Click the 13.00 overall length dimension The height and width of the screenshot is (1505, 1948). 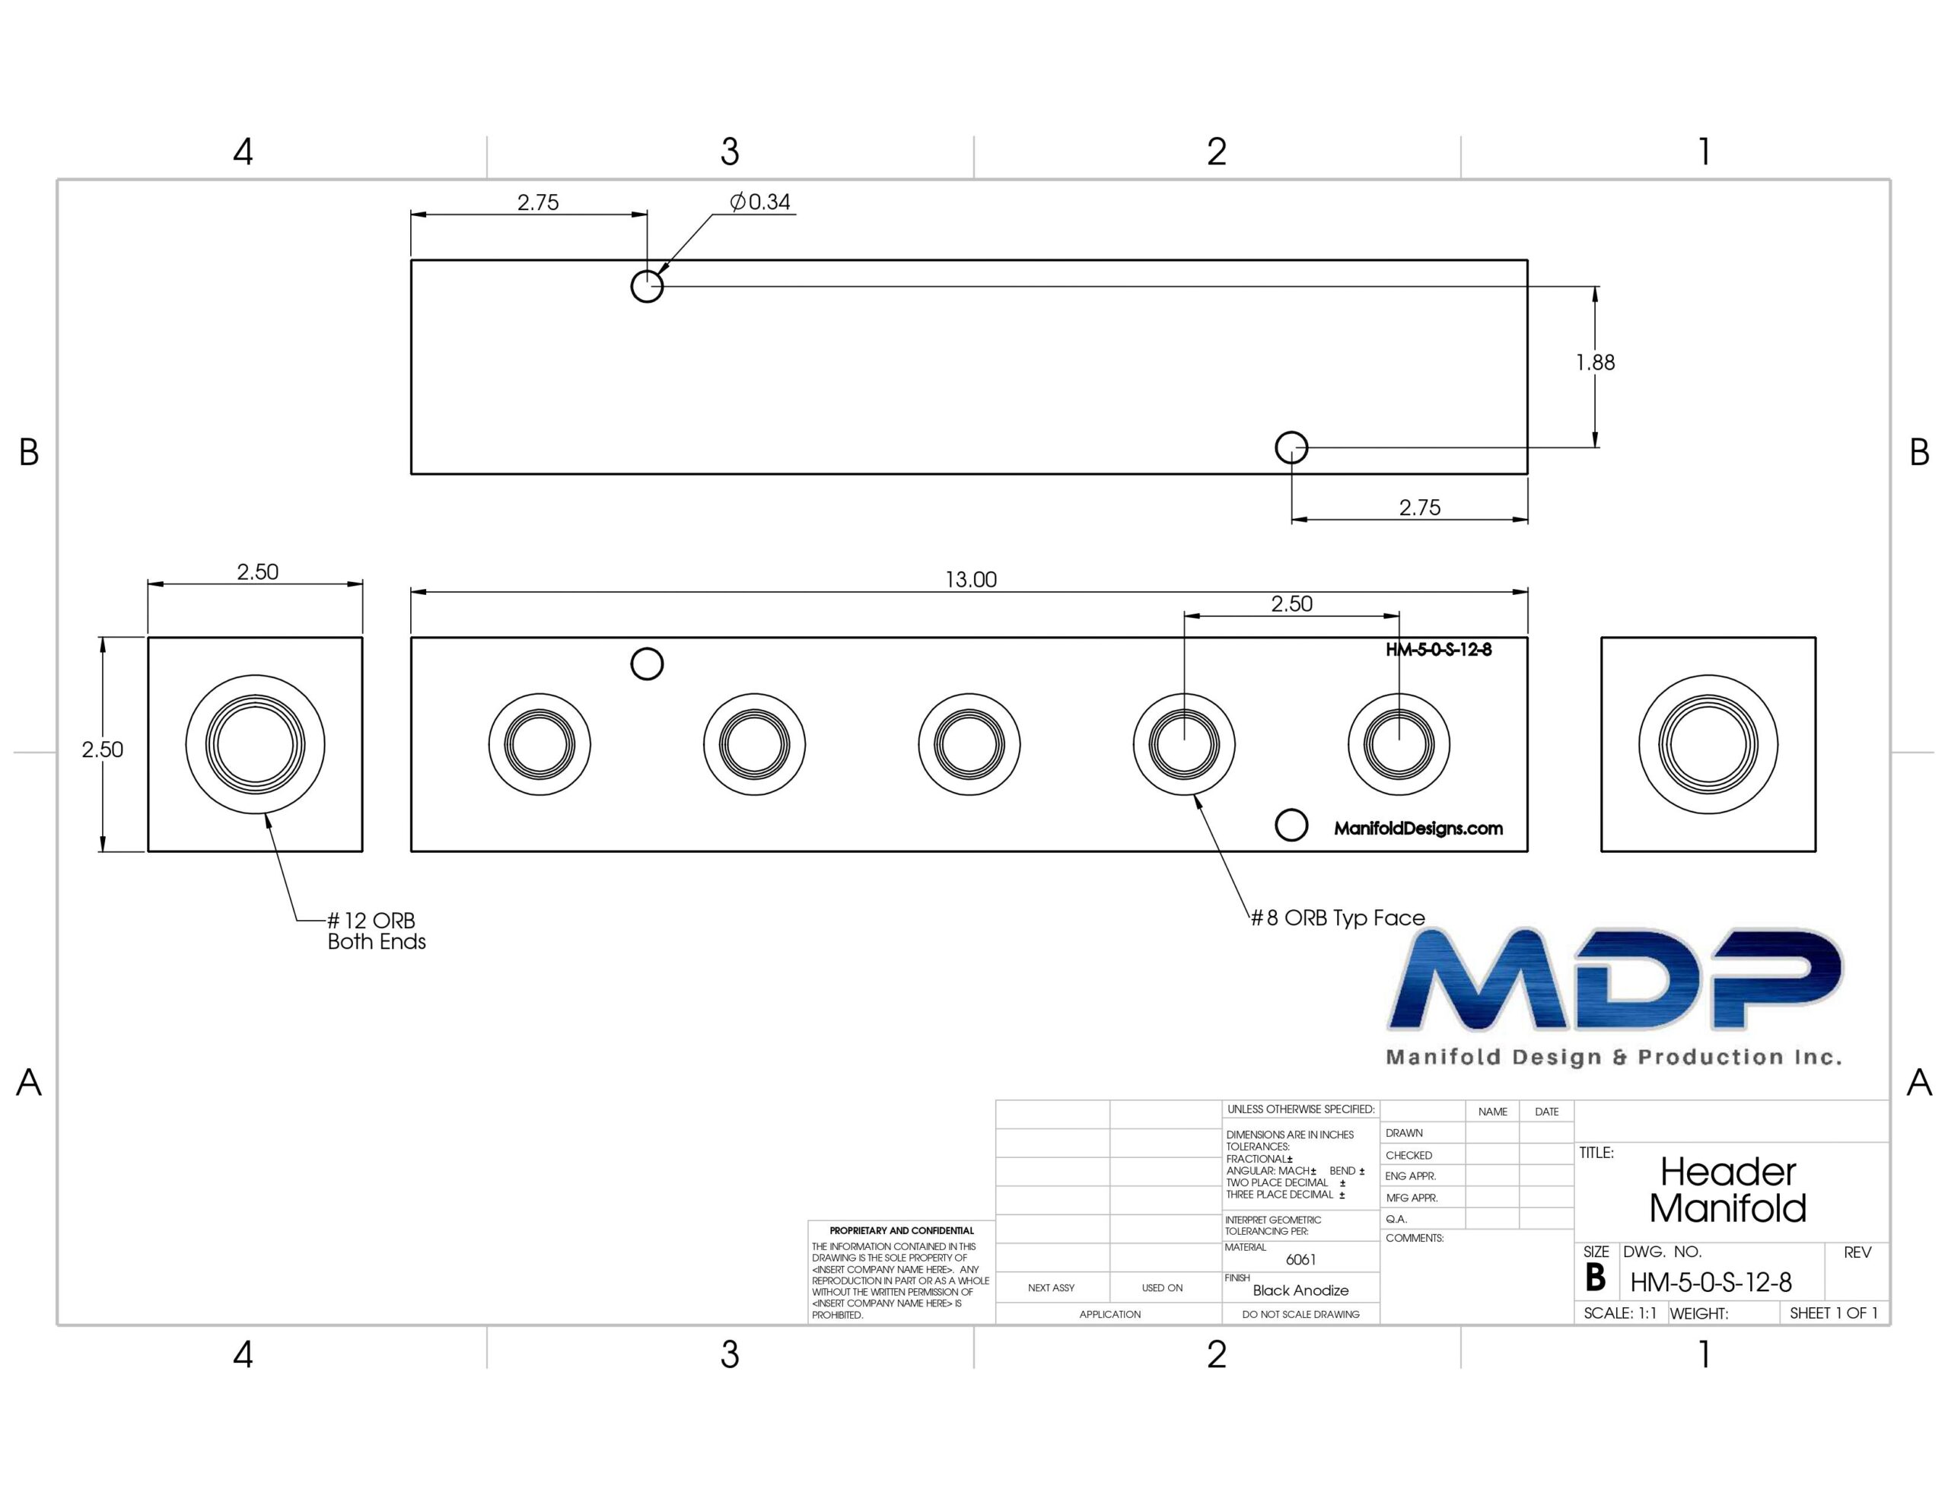coord(970,580)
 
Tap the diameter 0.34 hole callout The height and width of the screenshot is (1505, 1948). coord(760,202)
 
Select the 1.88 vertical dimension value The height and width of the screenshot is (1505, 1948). coord(1595,362)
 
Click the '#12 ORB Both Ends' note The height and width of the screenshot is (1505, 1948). coord(377,931)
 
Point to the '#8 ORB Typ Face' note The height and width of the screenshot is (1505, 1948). coord(1338,918)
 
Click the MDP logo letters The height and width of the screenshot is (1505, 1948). coord(1615,978)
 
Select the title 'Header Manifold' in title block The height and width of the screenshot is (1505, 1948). coord(1727,1189)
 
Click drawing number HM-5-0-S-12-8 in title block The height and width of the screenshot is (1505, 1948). coord(1711,1283)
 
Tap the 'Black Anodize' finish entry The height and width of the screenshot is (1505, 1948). coord(1300,1290)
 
